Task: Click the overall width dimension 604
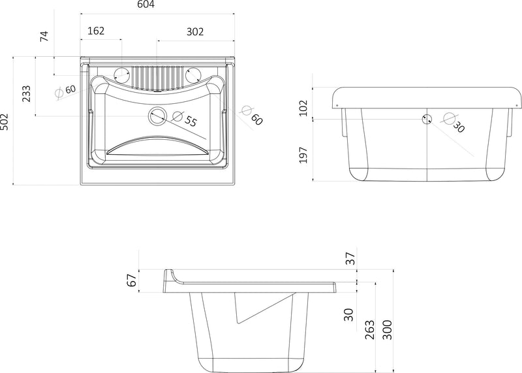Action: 146,5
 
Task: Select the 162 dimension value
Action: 96,31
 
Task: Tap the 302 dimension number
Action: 194,31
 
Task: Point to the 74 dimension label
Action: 44,36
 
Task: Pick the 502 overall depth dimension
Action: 4,122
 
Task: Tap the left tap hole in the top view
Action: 121,74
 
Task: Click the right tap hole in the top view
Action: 192,74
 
